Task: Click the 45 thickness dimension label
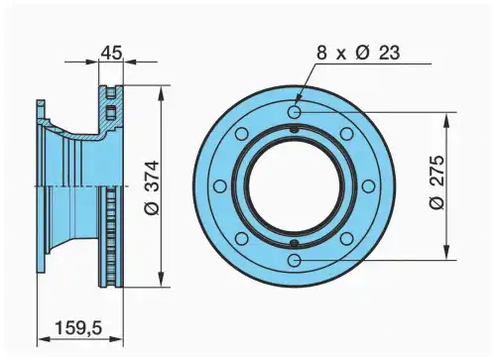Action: pyautogui.click(x=111, y=53)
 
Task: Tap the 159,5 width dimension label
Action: pyautogui.click(x=78, y=328)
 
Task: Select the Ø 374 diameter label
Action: pyautogui.click(x=153, y=188)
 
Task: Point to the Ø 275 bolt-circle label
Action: pyautogui.click(x=437, y=181)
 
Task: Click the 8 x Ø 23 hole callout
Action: pyautogui.click(x=358, y=53)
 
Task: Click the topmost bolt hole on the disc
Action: pyautogui.click(x=294, y=112)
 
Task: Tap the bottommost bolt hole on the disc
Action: pyautogui.click(x=294, y=260)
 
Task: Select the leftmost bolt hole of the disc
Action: pyautogui.click(x=220, y=186)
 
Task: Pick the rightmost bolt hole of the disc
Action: pyautogui.click(x=368, y=186)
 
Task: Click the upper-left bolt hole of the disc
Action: pyautogui.click(x=242, y=134)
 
